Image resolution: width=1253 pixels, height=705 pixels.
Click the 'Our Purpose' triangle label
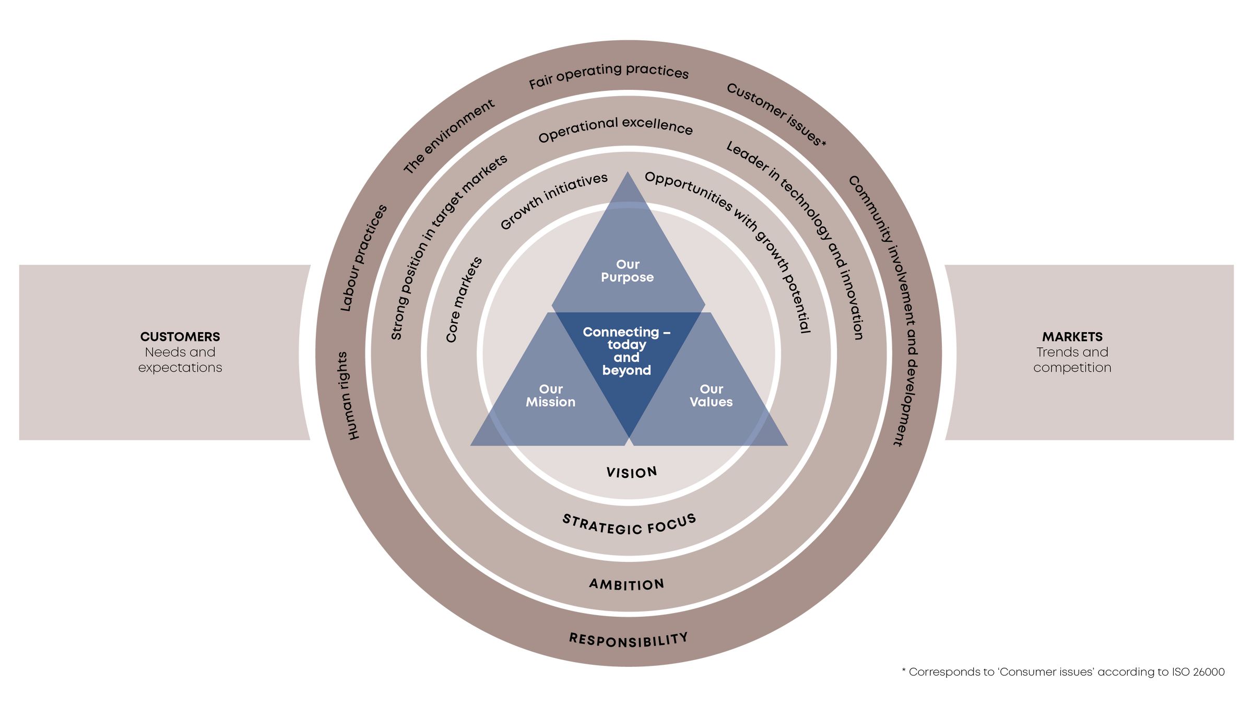pyautogui.click(x=627, y=271)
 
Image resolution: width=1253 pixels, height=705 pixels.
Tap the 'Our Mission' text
pyautogui.click(x=550, y=396)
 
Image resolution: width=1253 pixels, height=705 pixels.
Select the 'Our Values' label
pyautogui.click(x=711, y=396)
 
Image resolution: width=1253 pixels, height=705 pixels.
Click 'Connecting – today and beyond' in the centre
pyautogui.click(x=626, y=351)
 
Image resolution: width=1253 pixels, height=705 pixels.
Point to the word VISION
pyautogui.click(x=632, y=473)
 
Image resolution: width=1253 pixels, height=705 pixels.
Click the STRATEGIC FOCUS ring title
pyautogui.click(x=629, y=525)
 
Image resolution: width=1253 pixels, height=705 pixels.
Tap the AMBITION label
pyautogui.click(x=626, y=584)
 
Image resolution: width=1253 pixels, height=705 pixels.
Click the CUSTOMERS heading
pyautogui.click(x=180, y=337)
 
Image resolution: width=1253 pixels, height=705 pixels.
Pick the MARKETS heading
pyautogui.click(x=1072, y=337)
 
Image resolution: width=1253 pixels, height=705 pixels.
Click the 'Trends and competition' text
pyautogui.click(x=1072, y=360)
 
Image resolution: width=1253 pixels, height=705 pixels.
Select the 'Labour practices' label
pyautogui.click(x=363, y=258)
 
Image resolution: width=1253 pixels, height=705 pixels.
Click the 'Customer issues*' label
pyautogui.click(x=776, y=114)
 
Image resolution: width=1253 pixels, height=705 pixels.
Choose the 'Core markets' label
pyautogui.click(x=464, y=300)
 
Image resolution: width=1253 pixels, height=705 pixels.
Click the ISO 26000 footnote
pyautogui.click(x=1063, y=672)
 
